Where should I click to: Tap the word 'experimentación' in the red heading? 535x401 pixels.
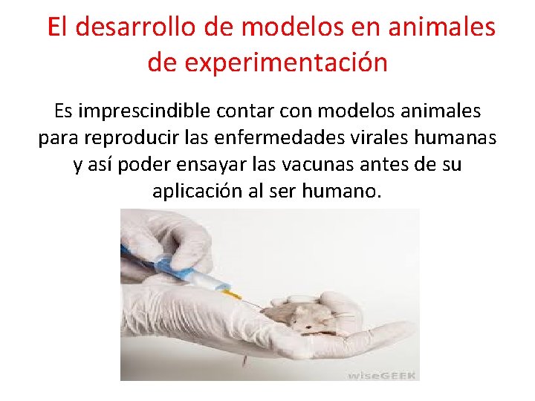click(x=286, y=63)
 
